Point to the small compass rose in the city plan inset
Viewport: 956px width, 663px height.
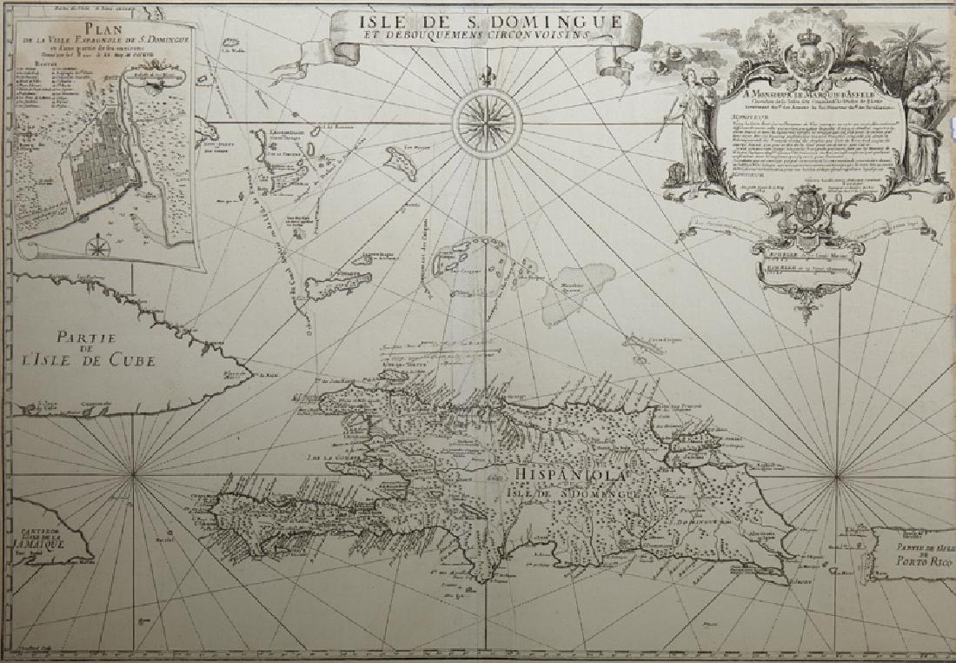(x=99, y=246)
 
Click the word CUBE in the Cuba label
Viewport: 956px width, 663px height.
(x=129, y=361)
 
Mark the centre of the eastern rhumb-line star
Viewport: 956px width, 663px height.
(x=838, y=475)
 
